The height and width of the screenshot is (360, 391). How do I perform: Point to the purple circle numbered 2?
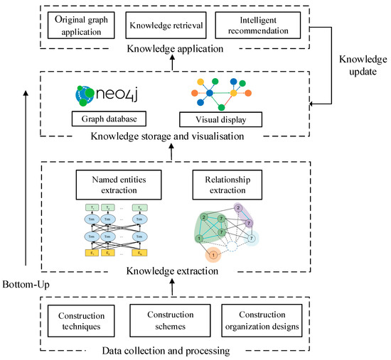(239, 209)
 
